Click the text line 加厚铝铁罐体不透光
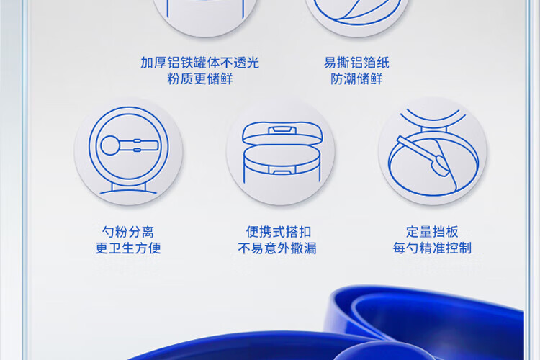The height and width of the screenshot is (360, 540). pyautogui.click(x=199, y=63)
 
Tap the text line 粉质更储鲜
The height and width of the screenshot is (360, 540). pyautogui.click(x=199, y=79)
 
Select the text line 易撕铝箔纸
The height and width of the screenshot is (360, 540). pyautogui.click(x=356, y=63)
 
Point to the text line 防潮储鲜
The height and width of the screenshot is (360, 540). pyautogui.click(x=356, y=79)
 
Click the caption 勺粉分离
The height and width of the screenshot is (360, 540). pyautogui.click(x=127, y=232)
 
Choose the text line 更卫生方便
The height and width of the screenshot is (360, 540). pyautogui.click(x=127, y=248)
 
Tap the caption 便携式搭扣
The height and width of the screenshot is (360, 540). pyautogui.click(x=278, y=232)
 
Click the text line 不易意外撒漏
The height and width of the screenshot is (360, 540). pyautogui.click(x=277, y=248)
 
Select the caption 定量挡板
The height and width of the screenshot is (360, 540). pyautogui.click(x=432, y=232)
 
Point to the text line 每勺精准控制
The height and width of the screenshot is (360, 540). pyautogui.click(x=432, y=248)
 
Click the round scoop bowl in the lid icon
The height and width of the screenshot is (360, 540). pyautogui.click(x=110, y=145)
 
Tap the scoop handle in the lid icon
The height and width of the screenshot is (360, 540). pyautogui.click(x=139, y=145)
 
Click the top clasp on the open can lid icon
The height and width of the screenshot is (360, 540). pyautogui.click(x=282, y=130)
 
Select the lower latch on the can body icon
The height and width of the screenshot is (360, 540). pyautogui.click(x=282, y=169)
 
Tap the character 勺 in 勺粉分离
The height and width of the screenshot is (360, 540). pyautogui.click(x=108, y=232)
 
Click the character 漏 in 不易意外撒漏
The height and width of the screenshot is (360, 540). pyautogui.click(x=310, y=248)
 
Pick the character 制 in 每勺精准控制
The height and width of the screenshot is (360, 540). pyautogui.click(x=465, y=248)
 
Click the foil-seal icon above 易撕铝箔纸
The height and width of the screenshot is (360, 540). pyautogui.click(x=357, y=14)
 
